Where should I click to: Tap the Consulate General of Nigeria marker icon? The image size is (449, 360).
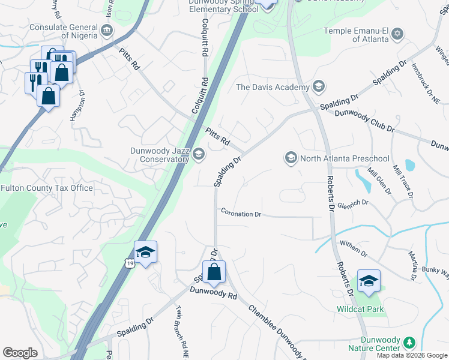[106, 30]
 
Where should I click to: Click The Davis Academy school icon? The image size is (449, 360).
[318, 87]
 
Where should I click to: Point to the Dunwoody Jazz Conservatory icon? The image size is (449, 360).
[198, 155]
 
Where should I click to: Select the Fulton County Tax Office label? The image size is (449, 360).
[47, 188]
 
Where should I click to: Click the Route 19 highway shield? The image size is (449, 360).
[130, 263]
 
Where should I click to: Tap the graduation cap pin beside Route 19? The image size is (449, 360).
[145, 253]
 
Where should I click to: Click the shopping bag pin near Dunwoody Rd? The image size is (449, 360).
[214, 272]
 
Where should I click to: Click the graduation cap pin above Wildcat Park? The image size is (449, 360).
[369, 281]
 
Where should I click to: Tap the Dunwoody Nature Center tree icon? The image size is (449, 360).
[409, 343]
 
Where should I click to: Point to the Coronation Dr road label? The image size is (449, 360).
[241, 213]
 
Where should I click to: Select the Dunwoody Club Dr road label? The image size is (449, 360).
[364, 121]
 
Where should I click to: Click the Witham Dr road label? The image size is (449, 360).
[353, 247]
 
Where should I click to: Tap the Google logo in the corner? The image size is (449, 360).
[20, 353]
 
